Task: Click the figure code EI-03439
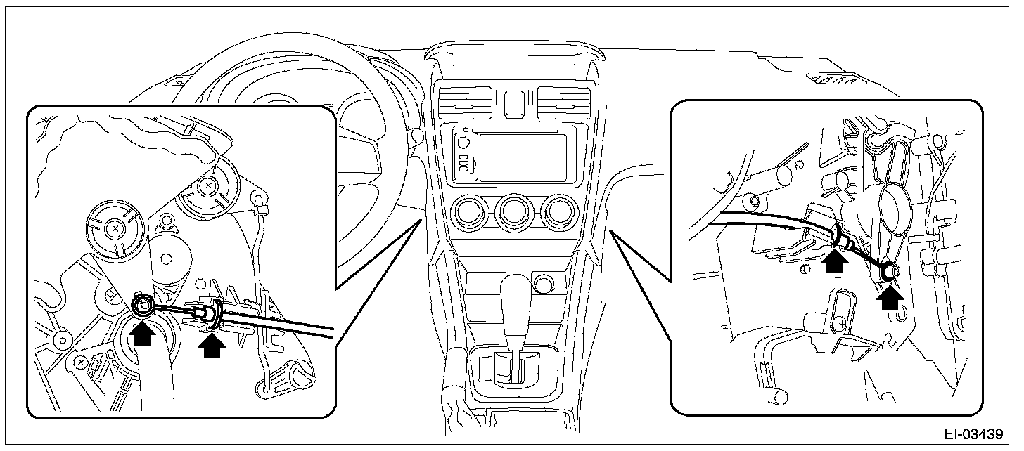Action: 973,433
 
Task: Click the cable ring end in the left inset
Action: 143,305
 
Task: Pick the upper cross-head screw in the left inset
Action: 207,186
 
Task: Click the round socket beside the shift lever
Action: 542,284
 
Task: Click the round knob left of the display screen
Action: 463,142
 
